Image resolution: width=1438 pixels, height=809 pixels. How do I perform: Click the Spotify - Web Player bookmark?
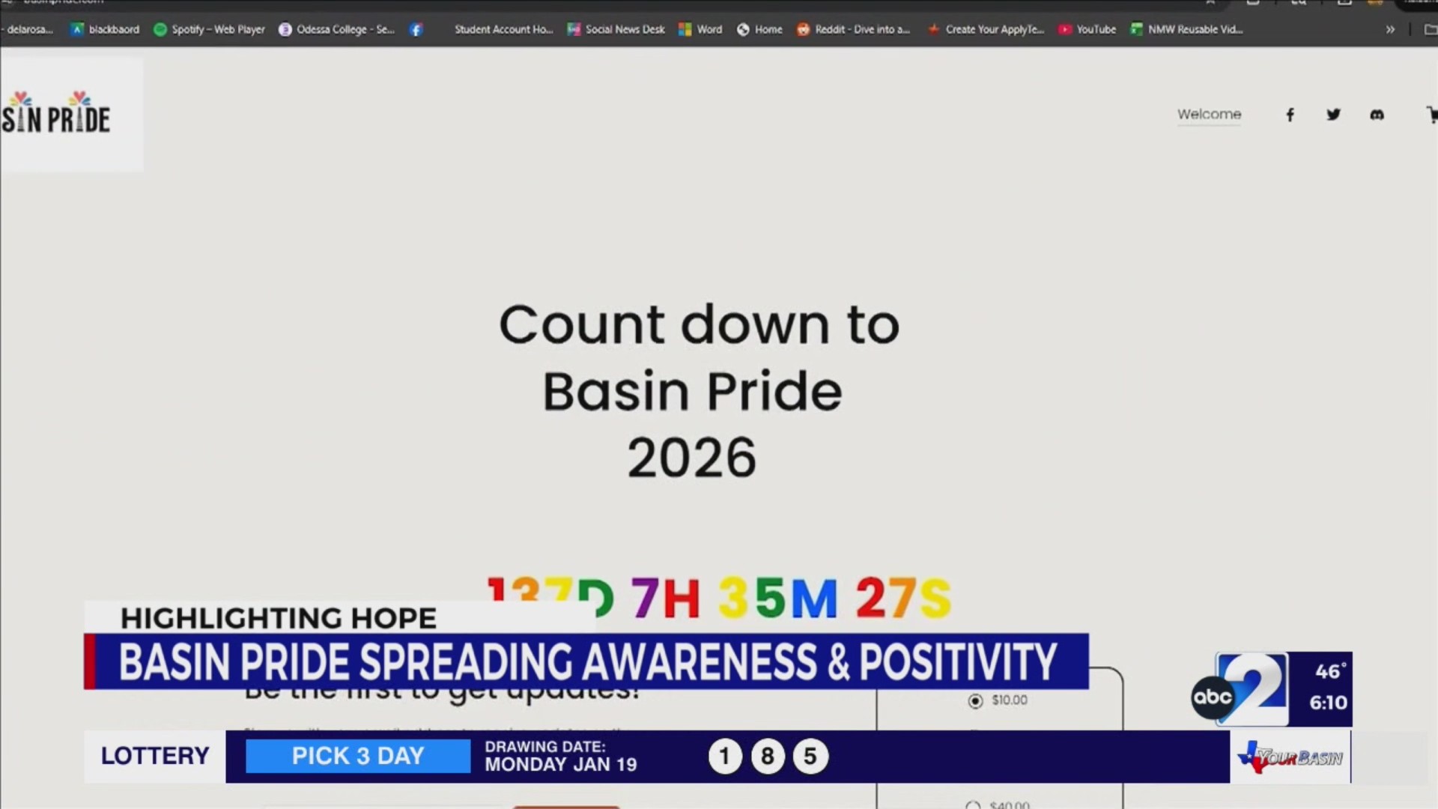point(210,30)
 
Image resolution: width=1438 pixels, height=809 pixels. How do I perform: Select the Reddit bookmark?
point(853,30)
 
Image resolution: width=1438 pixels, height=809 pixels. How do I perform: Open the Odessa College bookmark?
point(336,30)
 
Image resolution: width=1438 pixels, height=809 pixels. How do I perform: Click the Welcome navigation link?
point(1209,115)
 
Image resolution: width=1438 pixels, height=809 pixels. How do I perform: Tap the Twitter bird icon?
point(1333,115)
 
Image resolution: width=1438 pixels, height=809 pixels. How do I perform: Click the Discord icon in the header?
point(1377,115)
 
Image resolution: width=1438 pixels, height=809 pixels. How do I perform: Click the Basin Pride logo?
point(56,116)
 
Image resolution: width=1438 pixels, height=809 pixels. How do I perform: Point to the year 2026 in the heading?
point(691,458)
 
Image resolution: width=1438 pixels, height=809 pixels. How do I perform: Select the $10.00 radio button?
point(975,701)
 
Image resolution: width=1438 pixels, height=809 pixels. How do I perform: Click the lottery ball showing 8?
point(767,757)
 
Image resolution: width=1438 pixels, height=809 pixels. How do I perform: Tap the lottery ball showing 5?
point(810,757)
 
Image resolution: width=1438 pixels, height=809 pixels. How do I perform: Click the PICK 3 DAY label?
point(358,756)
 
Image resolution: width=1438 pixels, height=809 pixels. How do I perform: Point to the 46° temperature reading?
point(1329,672)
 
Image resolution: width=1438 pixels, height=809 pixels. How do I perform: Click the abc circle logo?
point(1212,697)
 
